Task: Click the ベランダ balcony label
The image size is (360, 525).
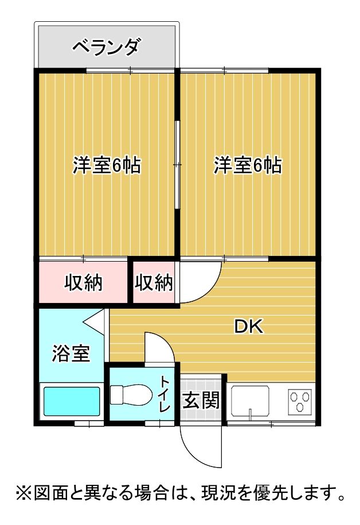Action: pos(105,46)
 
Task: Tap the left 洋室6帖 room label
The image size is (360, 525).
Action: pos(107,165)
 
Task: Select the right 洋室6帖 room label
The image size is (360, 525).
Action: pos(248,165)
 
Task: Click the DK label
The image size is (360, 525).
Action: pos(248,327)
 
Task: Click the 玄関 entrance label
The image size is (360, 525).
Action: pos(201,400)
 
